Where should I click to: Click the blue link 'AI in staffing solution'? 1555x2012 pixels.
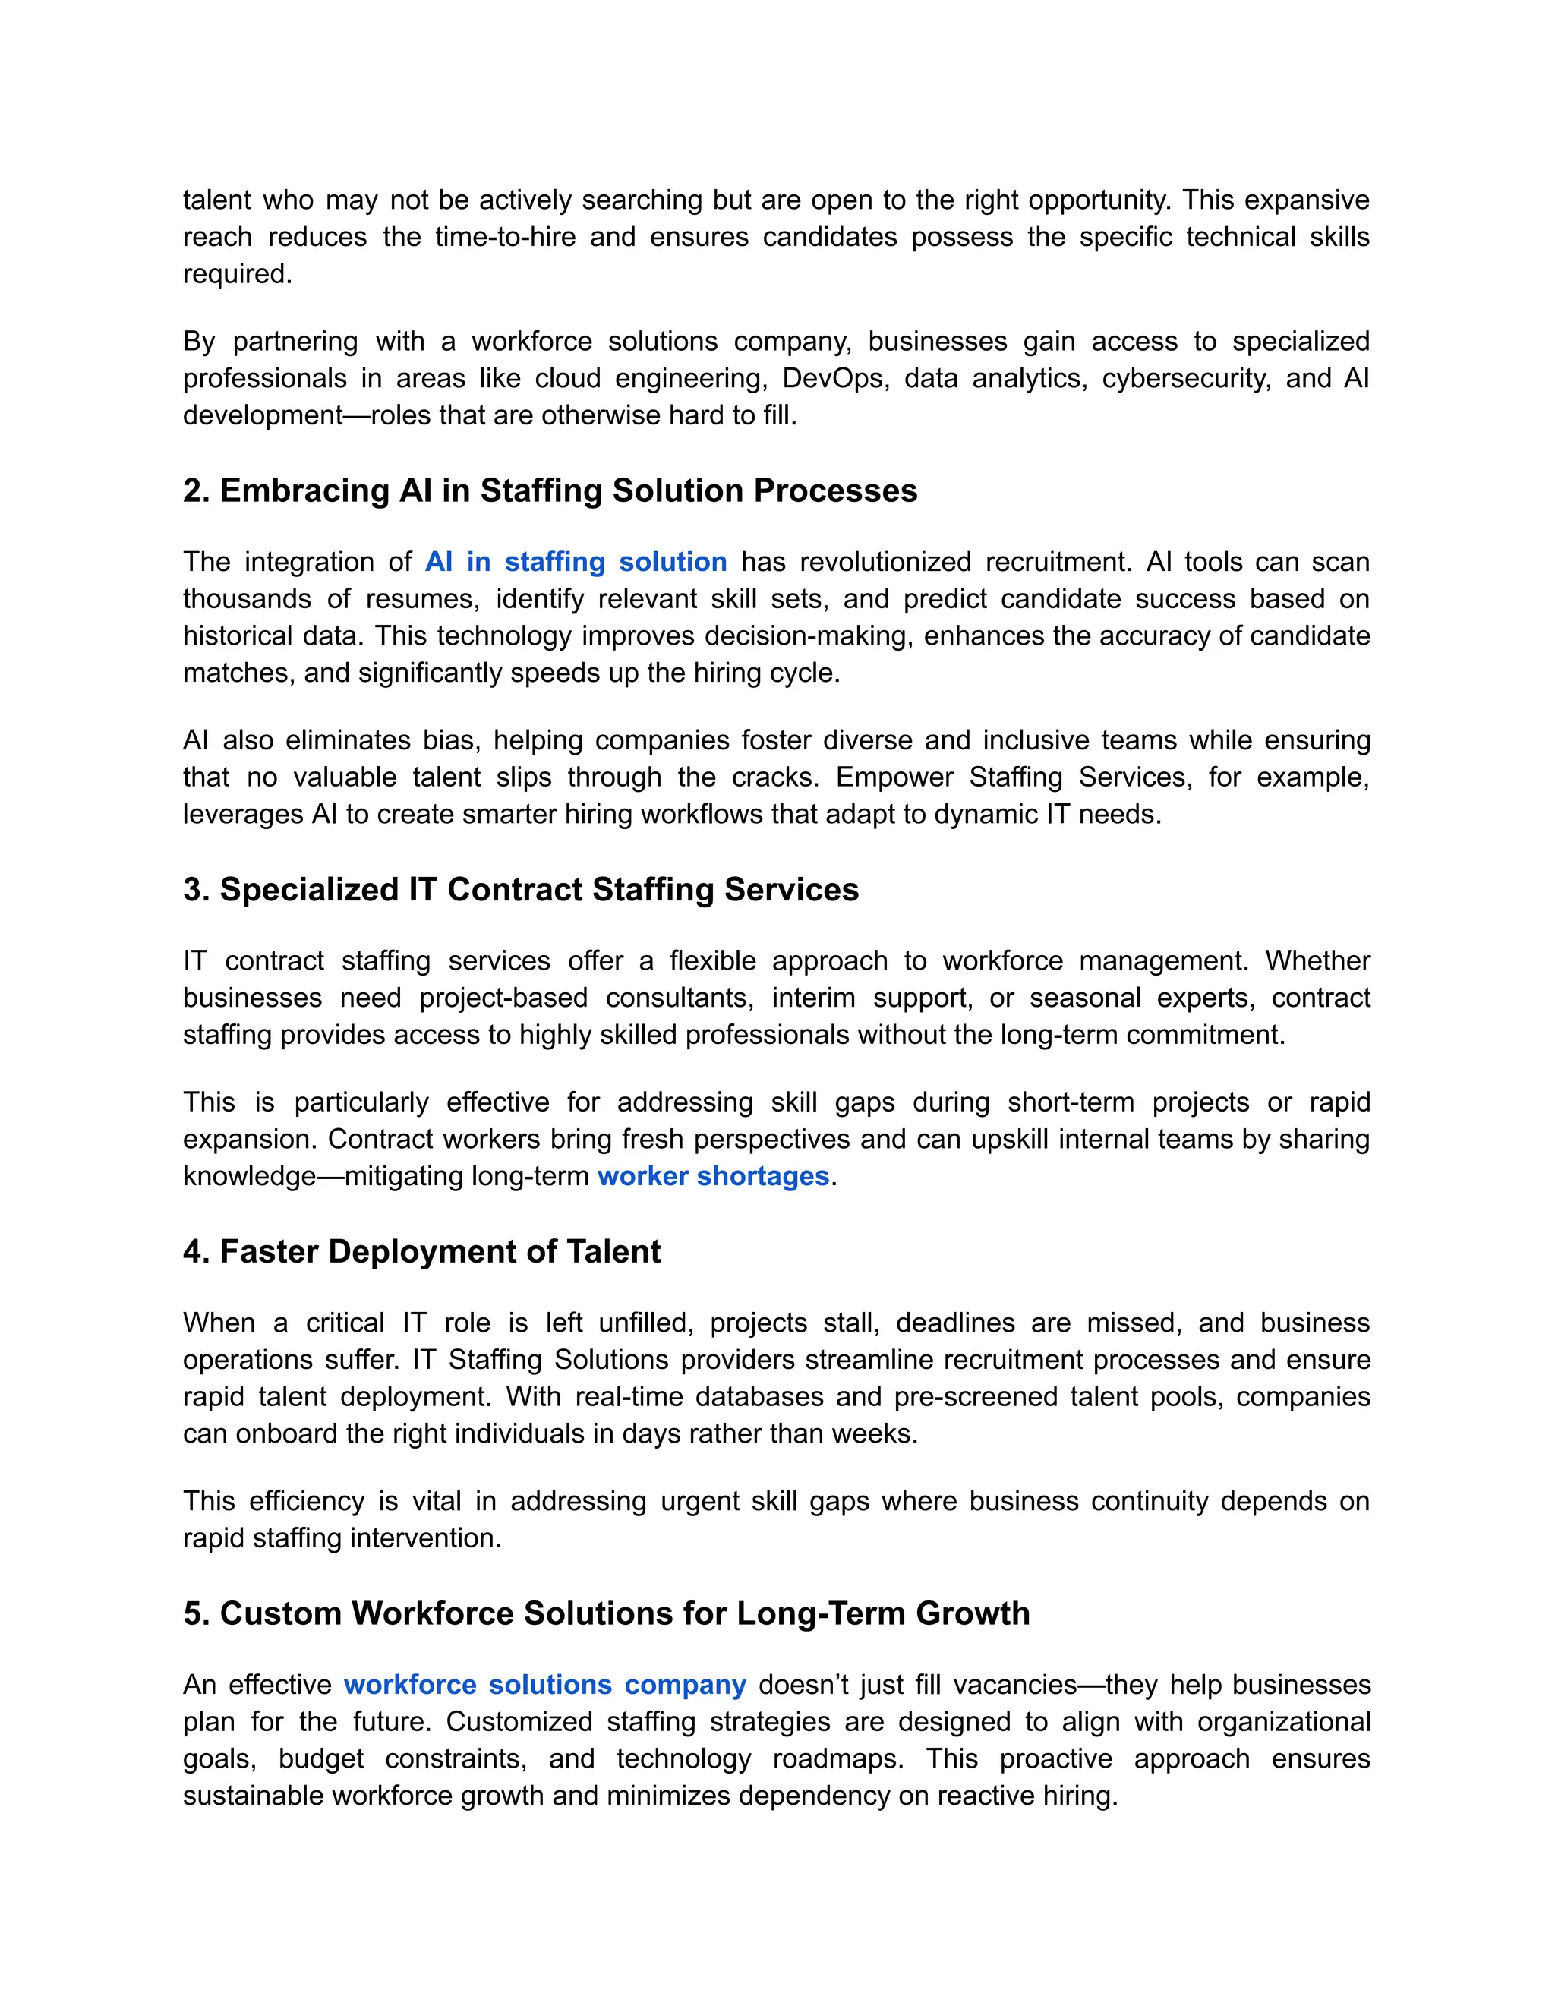click(576, 562)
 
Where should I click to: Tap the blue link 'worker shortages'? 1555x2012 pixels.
click(713, 1176)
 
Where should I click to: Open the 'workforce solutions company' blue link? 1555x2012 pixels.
click(544, 1685)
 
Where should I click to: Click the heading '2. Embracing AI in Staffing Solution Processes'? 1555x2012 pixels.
click(550, 490)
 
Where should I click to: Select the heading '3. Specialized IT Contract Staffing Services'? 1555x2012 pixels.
click(520, 889)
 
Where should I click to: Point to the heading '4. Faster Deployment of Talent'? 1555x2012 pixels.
click(421, 1251)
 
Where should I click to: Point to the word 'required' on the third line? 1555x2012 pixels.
click(236, 275)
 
